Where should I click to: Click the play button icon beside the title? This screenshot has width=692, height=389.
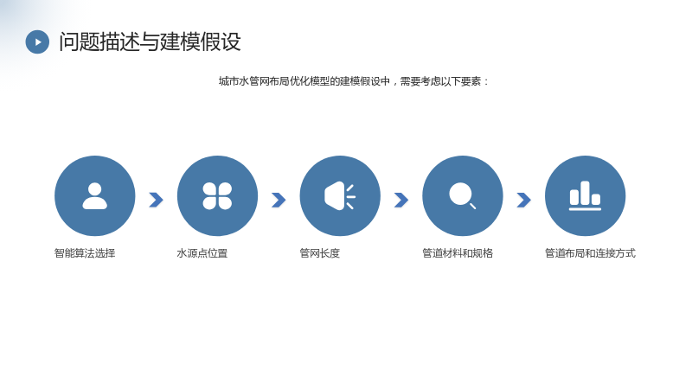click(37, 41)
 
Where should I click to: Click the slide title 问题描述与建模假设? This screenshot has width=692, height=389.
click(150, 41)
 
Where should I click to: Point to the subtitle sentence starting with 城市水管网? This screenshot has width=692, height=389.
click(354, 81)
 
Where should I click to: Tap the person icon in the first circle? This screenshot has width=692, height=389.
click(95, 196)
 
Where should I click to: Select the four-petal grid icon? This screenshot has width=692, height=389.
click(217, 196)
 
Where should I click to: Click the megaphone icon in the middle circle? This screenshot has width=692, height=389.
click(340, 196)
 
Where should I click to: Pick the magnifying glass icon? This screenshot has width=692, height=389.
click(462, 195)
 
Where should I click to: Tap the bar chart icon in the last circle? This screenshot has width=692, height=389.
click(586, 196)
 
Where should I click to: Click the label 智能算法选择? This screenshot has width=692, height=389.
click(85, 253)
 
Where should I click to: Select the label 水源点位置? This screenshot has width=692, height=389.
click(202, 253)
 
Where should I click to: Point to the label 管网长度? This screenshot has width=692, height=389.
click(320, 253)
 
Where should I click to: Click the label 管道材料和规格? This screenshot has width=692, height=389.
click(458, 253)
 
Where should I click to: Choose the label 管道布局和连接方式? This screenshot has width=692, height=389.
click(591, 253)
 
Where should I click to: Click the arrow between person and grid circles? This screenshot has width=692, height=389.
click(157, 200)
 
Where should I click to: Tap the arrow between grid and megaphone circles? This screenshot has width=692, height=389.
click(279, 200)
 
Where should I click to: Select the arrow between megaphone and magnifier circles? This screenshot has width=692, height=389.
click(401, 200)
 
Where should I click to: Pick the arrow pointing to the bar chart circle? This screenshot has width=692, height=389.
click(524, 200)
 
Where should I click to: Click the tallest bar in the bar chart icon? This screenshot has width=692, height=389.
click(586, 193)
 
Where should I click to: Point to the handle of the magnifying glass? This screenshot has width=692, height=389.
click(472, 206)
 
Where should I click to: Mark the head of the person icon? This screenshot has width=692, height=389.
click(95, 188)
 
